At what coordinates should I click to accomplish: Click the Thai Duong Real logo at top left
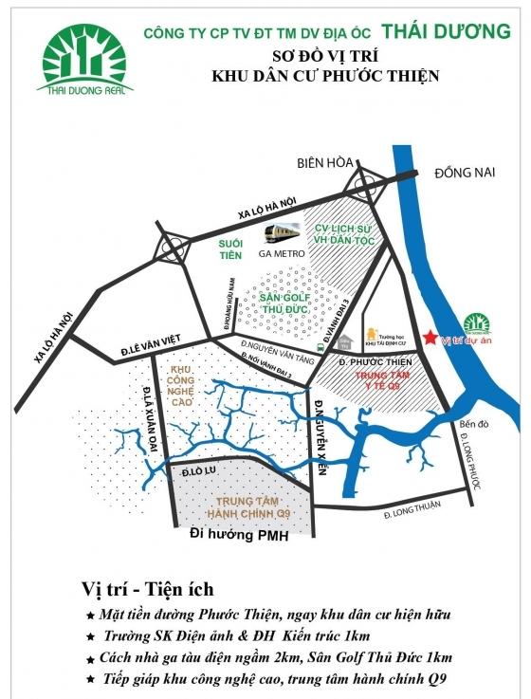(x=83, y=59)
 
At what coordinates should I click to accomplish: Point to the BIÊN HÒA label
(x=346, y=160)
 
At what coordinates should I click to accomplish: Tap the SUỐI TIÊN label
(x=229, y=249)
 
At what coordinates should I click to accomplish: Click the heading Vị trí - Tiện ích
(x=150, y=590)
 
